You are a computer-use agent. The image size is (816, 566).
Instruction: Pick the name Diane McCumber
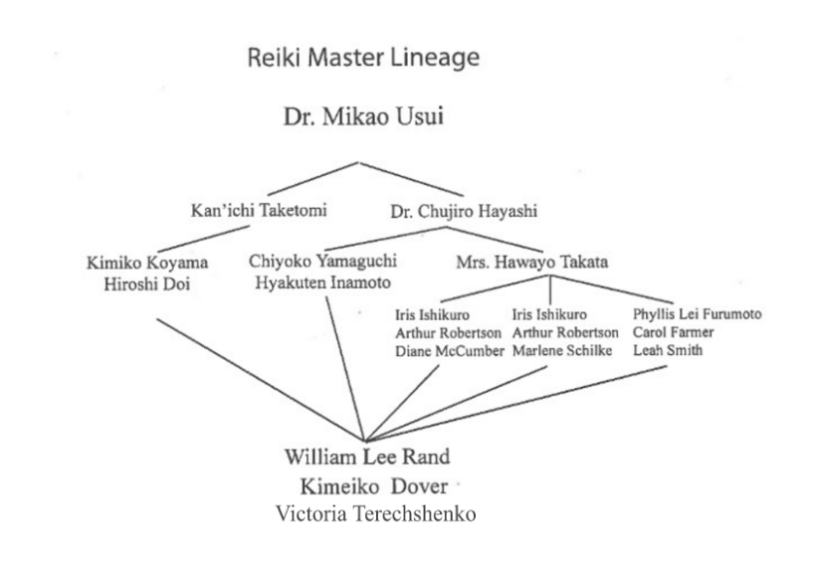(450, 350)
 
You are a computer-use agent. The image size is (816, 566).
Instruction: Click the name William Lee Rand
(366, 457)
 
